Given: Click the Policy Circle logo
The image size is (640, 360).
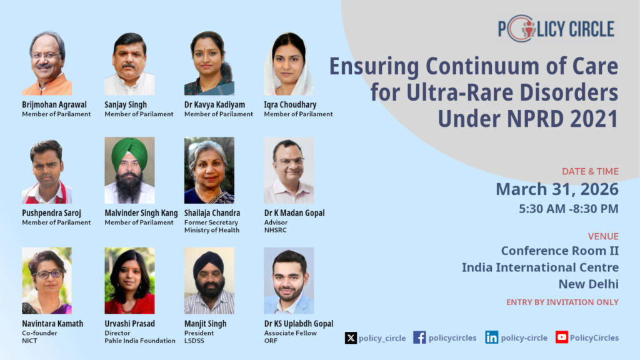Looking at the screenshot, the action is click(556, 29).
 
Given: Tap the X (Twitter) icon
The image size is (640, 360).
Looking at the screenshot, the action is click(351, 338).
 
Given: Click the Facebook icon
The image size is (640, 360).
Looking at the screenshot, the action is click(419, 337).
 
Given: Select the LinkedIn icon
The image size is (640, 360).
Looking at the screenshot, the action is click(491, 337).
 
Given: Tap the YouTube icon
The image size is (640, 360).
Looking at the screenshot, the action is click(562, 337).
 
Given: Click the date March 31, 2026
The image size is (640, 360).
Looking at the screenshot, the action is click(557, 189).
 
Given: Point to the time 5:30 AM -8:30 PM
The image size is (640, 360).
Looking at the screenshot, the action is click(569, 209).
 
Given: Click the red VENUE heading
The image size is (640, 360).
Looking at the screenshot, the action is click(603, 236).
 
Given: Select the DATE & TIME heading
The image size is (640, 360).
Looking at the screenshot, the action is click(590, 171).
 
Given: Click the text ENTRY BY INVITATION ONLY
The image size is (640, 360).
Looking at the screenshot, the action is click(562, 302).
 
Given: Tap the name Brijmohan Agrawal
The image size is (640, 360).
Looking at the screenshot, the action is click(54, 104).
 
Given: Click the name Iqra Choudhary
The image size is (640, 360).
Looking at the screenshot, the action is click(290, 104).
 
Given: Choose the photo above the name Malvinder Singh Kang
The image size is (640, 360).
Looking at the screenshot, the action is click(129, 170).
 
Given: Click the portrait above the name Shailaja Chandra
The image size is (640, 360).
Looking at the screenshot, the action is click(209, 170).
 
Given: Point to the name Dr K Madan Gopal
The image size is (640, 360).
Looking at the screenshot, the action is click(294, 212).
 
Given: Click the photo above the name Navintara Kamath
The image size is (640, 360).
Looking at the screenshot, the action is click(47, 281).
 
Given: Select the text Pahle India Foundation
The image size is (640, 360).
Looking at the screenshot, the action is click(140, 341).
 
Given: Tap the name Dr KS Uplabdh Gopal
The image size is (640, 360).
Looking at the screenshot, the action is click(299, 324).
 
